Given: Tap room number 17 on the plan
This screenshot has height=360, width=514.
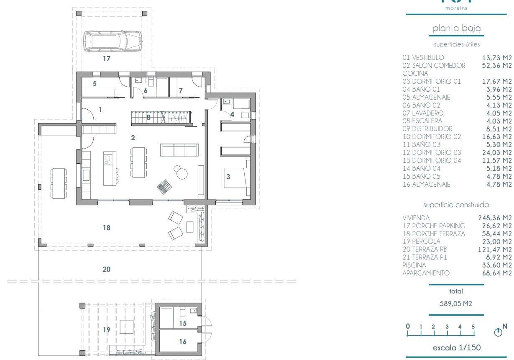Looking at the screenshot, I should (x=107, y=59).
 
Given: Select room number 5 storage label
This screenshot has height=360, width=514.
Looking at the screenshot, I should (x=95, y=83).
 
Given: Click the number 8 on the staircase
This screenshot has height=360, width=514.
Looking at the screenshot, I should (x=148, y=118).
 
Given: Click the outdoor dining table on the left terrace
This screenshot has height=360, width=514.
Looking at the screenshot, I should (x=59, y=183).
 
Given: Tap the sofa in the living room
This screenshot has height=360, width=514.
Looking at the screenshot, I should (x=179, y=150).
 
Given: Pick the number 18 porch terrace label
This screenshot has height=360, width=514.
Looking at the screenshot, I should (x=107, y=228).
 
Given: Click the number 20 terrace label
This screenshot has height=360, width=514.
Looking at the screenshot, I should (x=107, y=269).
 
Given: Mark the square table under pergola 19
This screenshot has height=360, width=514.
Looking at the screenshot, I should (x=127, y=327).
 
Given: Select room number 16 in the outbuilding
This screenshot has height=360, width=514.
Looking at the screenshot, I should (x=183, y=342).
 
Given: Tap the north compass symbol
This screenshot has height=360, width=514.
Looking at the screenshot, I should (x=498, y=332).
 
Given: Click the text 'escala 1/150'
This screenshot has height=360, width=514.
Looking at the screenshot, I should (x=457, y=347).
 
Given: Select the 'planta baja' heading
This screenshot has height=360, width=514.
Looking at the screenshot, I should (x=457, y=28).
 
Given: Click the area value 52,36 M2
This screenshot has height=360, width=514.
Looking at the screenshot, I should (x=497, y=65).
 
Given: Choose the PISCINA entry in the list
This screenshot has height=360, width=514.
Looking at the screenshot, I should (x=414, y=265).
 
